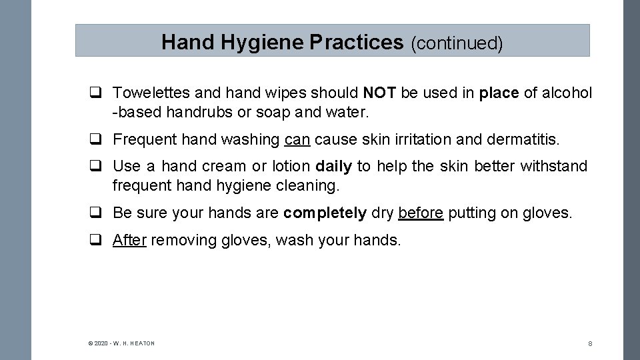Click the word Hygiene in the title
coord(263,43)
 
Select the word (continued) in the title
coord(457,43)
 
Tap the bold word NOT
coord(380,93)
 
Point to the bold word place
coord(499,93)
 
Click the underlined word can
coord(297,139)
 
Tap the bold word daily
coord(333,166)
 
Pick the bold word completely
coord(325,213)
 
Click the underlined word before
coord(420,213)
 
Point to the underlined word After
coord(129,240)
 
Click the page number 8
coord(590,343)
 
